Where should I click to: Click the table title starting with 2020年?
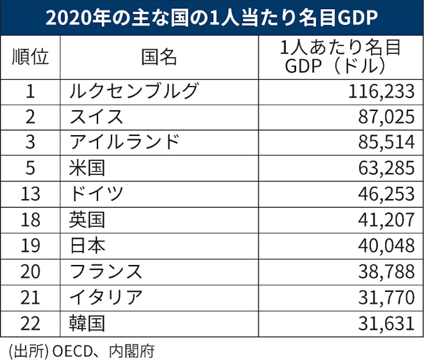(x=211, y=18)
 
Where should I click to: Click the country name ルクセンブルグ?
(x=135, y=91)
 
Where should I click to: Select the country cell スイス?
(x=97, y=117)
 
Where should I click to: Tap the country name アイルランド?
(x=125, y=143)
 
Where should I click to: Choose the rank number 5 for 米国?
(x=30, y=168)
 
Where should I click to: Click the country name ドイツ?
(x=97, y=194)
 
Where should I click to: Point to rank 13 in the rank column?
(x=30, y=194)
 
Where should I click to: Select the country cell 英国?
(x=88, y=219)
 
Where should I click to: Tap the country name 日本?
(x=88, y=245)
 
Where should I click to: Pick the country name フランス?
(x=106, y=270)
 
